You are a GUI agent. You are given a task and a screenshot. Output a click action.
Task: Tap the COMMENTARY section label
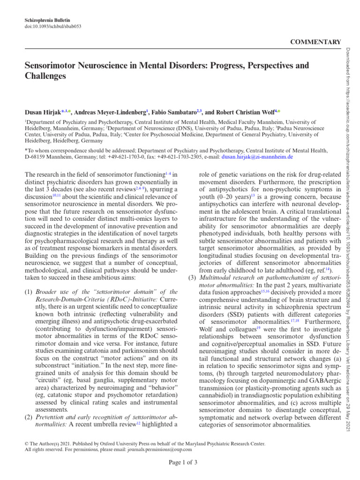316,42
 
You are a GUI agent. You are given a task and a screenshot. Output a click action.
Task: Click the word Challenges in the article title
45,75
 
